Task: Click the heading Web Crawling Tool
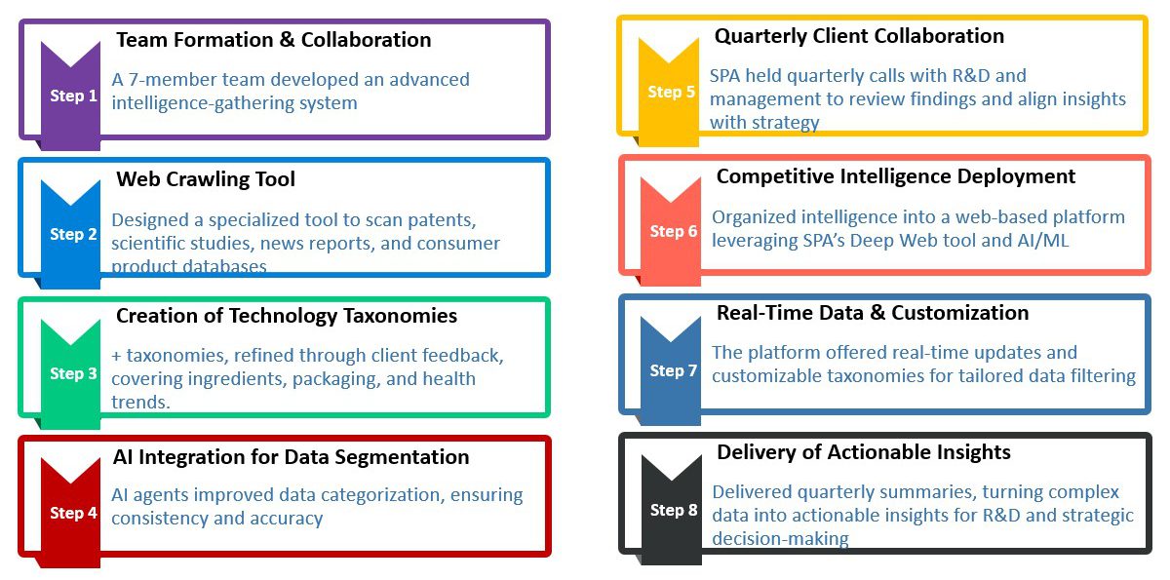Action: [206, 179]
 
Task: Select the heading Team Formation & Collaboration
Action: [274, 40]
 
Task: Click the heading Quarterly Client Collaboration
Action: [859, 36]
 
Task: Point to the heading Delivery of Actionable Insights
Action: [864, 452]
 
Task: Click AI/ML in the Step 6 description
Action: [1042, 241]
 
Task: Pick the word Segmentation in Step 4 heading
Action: [407, 457]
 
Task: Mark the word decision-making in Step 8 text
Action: [780, 539]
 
